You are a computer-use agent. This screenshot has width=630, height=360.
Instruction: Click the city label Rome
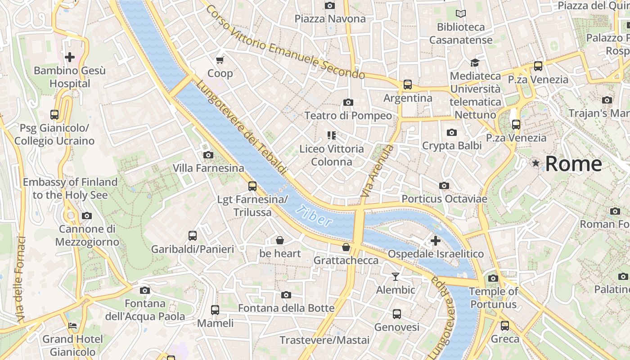(x=573, y=164)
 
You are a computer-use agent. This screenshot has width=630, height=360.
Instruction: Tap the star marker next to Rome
(x=535, y=163)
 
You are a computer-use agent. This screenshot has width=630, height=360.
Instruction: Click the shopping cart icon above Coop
(x=220, y=60)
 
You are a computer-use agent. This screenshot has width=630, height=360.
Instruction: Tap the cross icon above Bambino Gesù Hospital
(x=70, y=57)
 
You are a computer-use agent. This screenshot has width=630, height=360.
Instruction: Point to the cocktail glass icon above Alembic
(x=396, y=276)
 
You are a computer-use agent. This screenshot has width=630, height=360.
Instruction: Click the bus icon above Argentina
(x=408, y=84)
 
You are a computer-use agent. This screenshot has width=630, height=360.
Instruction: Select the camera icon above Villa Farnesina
(x=208, y=155)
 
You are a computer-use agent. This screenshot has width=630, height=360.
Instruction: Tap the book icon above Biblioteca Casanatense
(x=461, y=13)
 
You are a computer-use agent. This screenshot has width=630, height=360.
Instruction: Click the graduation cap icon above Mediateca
(x=475, y=63)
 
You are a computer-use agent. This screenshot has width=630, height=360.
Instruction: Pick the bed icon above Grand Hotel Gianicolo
(x=72, y=325)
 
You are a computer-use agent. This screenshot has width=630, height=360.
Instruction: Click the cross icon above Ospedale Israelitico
(x=435, y=241)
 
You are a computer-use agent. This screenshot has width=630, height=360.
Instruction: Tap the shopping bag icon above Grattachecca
(x=346, y=247)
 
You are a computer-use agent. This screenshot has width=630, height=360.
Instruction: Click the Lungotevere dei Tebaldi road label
(x=241, y=127)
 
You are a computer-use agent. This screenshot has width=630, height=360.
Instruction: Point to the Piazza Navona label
(x=330, y=19)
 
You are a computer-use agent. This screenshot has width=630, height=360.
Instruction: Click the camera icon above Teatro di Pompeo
(x=348, y=102)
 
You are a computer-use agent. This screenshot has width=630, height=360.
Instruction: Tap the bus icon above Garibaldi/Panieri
(x=193, y=235)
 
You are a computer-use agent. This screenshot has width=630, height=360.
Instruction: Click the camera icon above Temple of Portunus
(x=493, y=278)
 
